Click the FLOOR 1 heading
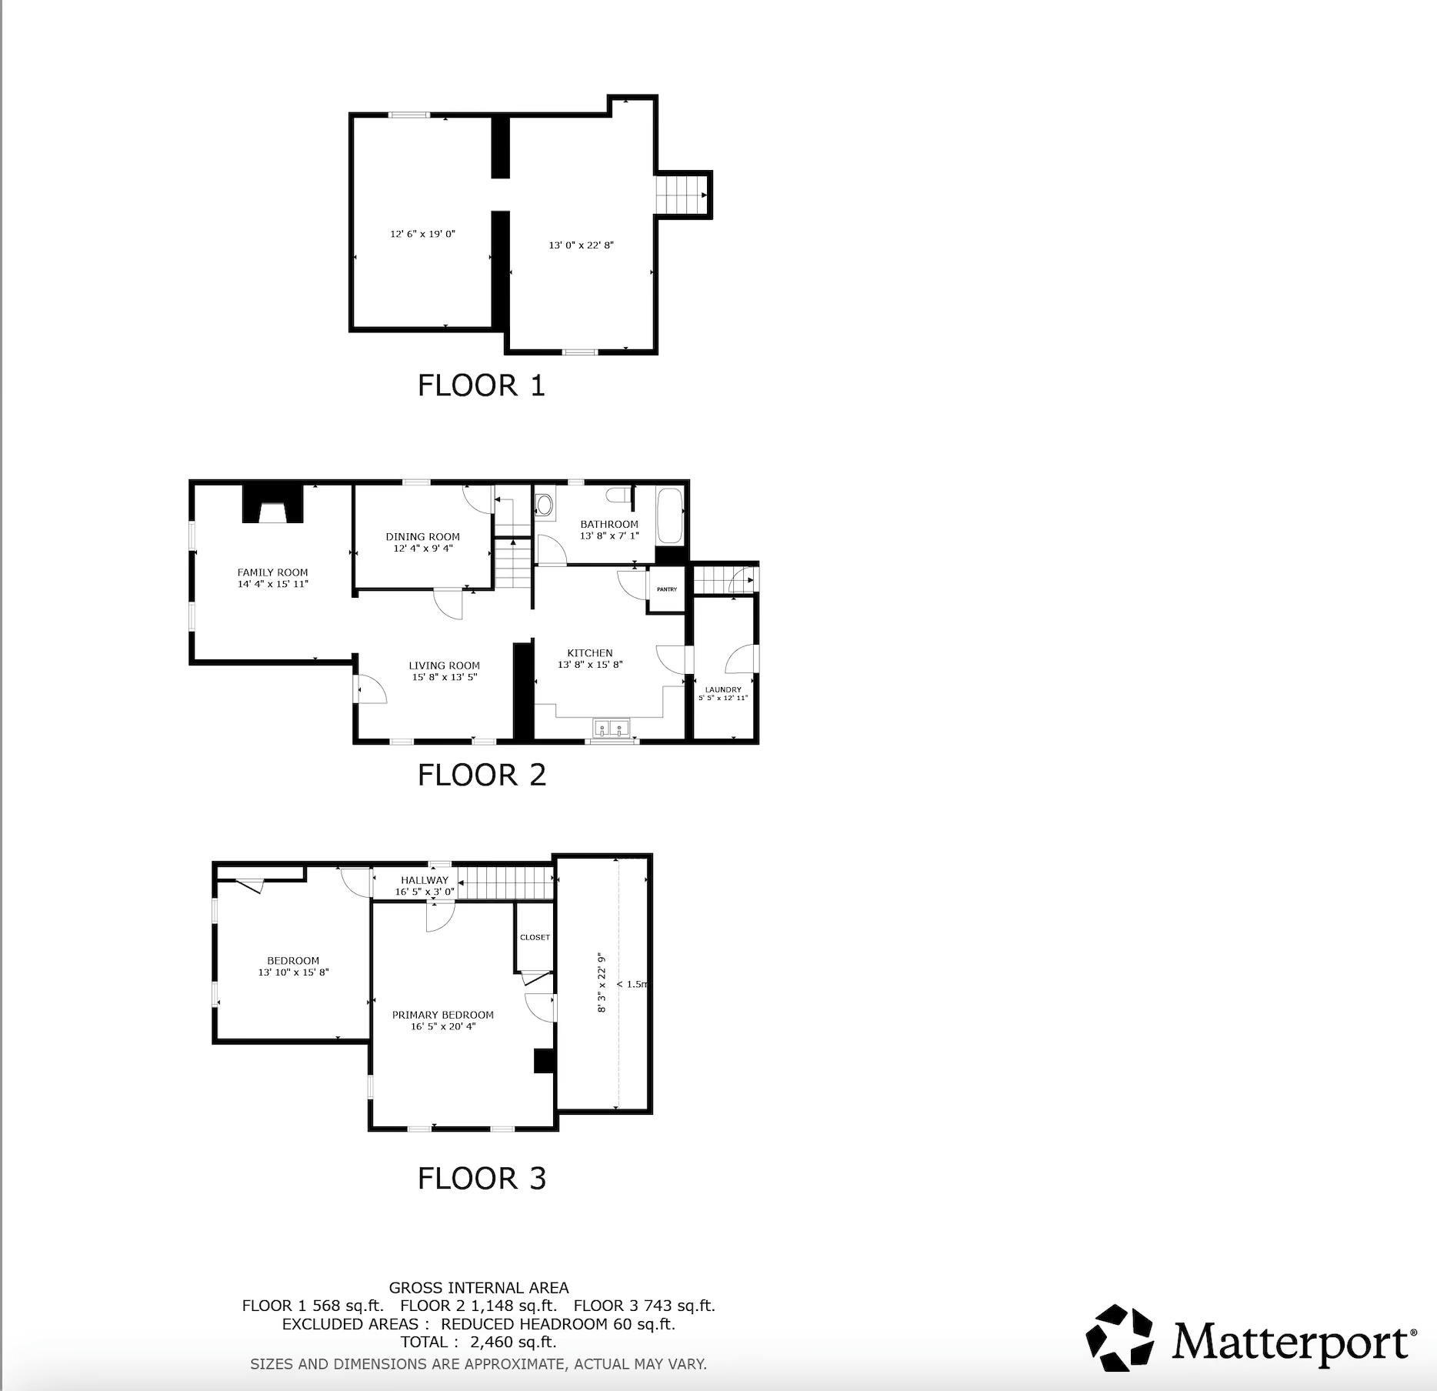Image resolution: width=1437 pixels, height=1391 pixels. pyautogui.click(x=482, y=385)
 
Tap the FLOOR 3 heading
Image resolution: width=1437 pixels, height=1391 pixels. pyautogui.click(x=482, y=1178)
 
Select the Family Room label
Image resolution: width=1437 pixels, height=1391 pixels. pyautogui.click(x=272, y=572)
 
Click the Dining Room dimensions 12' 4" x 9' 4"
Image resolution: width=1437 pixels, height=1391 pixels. pyautogui.click(x=423, y=549)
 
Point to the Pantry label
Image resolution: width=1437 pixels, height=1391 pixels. pyautogui.click(x=667, y=589)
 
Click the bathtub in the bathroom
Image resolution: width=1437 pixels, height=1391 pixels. pyautogui.click(x=669, y=515)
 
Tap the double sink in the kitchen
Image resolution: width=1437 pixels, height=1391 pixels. pyautogui.click(x=612, y=727)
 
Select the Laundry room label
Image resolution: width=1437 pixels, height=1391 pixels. pyautogui.click(x=723, y=689)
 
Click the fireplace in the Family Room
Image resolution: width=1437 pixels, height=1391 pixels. pyautogui.click(x=273, y=505)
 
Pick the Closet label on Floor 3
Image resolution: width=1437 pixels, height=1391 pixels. pyautogui.click(x=535, y=937)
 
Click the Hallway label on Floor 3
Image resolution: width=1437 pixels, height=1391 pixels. pyautogui.click(x=424, y=880)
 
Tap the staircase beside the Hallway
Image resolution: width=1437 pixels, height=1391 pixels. pyautogui.click(x=505, y=883)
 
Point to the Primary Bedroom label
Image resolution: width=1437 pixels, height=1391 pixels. pyautogui.click(x=443, y=1015)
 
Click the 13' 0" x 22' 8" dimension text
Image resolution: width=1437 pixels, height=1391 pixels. pyautogui.click(x=581, y=245)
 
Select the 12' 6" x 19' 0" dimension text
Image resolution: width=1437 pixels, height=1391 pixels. pyautogui.click(x=422, y=234)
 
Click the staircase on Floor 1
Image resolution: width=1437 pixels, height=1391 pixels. pyautogui.click(x=681, y=195)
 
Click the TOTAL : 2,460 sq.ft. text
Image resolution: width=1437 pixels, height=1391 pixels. pyautogui.click(x=478, y=1342)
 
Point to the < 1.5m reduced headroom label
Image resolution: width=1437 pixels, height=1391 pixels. pyautogui.click(x=632, y=984)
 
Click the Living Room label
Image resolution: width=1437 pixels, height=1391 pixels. pyautogui.click(x=444, y=665)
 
